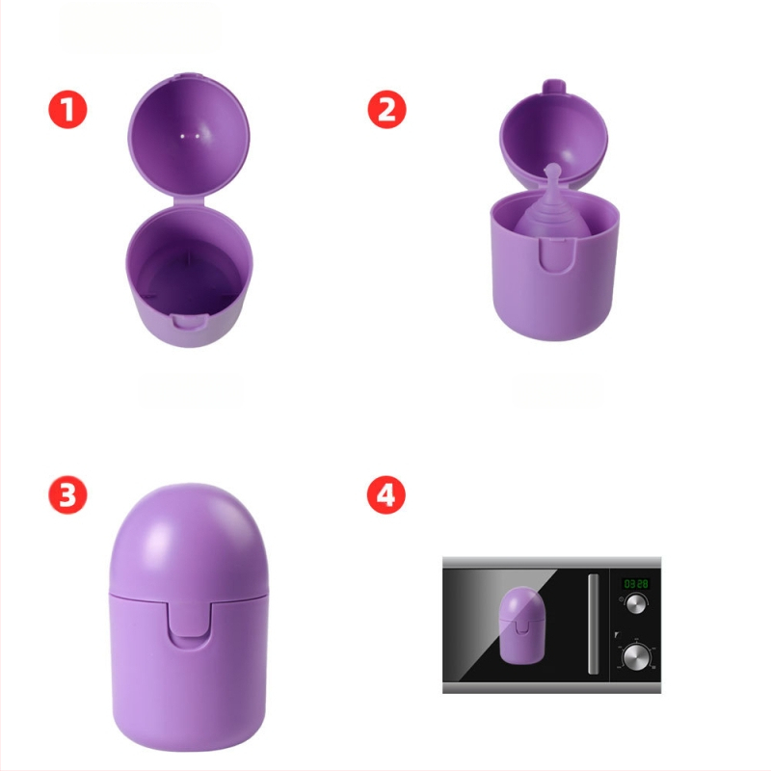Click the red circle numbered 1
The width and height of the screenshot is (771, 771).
pos(67,109)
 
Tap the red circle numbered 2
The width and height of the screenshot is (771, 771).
pos(387,109)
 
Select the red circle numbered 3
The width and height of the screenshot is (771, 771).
pos(67,494)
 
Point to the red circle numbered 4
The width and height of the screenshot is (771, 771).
pos(386,494)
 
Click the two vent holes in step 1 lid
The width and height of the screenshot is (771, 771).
pos(189,135)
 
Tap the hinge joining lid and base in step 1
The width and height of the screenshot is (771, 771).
pos(189,200)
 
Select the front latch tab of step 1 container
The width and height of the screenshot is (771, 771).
pos(189,322)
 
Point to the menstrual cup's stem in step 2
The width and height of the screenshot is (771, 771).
pos(553,175)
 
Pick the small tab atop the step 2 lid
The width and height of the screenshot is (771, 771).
pos(553,86)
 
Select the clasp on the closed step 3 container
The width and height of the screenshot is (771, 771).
pos(188,625)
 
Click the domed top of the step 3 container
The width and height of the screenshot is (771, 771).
pos(188,539)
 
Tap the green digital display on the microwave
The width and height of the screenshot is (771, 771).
pos(636,584)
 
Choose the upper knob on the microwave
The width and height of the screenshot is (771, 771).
pos(635,604)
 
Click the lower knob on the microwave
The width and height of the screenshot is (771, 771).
pos(635,656)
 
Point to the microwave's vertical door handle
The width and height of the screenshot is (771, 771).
pos(594,624)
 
